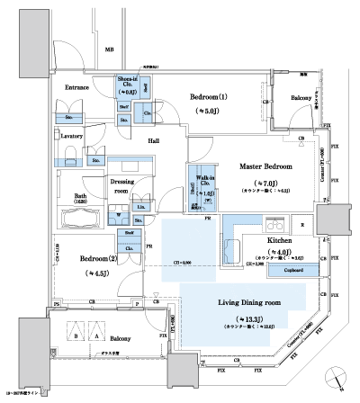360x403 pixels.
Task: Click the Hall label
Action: [x=155, y=142]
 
